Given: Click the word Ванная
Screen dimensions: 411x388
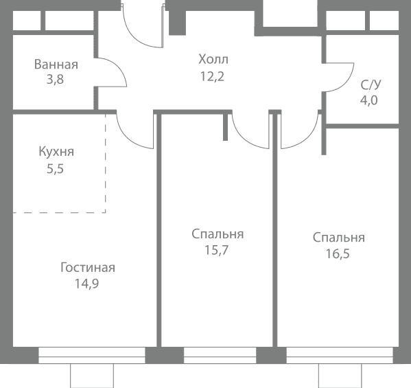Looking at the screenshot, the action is (x=56, y=65).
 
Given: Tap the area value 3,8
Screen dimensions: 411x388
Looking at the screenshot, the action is (x=55, y=79).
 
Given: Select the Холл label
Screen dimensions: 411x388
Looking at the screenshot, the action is (x=213, y=59).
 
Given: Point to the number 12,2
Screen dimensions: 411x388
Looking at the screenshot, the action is (x=212, y=77).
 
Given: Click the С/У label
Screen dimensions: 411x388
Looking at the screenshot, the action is (x=371, y=84).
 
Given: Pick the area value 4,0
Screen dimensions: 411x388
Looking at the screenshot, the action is (x=368, y=100).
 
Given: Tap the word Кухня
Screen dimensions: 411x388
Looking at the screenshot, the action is (x=56, y=152).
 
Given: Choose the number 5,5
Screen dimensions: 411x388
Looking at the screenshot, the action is (x=55, y=169).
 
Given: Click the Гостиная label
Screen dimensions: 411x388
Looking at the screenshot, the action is (x=88, y=268).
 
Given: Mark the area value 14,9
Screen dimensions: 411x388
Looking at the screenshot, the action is (x=87, y=284).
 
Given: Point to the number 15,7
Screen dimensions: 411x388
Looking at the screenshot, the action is (x=217, y=250).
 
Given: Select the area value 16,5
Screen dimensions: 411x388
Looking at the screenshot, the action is (x=338, y=253).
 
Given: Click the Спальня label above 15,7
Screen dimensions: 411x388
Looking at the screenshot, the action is (x=218, y=234).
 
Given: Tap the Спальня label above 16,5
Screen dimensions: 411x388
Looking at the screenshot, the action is (x=339, y=238).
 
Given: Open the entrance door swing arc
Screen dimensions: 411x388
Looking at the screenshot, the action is (x=134, y=36).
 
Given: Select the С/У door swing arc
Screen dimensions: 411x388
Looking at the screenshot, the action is (x=346, y=84).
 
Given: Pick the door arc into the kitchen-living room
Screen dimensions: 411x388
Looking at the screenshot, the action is (x=127, y=138).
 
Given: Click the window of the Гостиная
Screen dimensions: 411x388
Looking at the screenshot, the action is (x=92, y=355).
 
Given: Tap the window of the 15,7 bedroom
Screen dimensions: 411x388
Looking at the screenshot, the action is (x=220, y=355).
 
